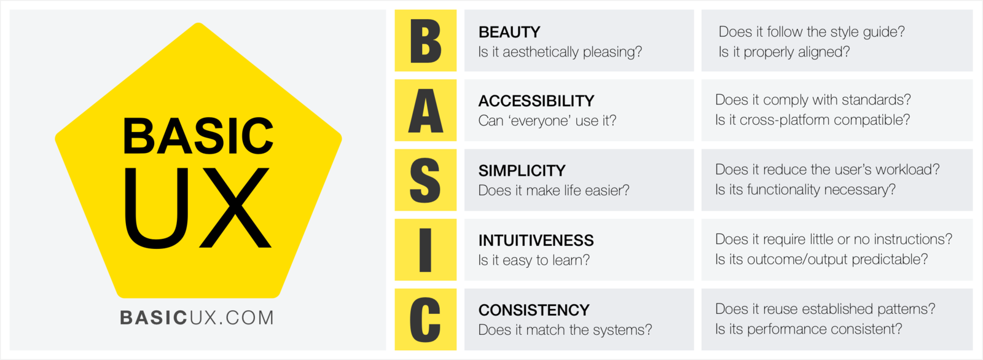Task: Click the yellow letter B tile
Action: pos(425,41)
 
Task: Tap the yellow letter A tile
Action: pos(425,111)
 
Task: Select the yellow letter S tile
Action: pos(425,180)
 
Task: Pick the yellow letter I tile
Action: pos(425,249)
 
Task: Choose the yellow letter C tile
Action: pos(425,319)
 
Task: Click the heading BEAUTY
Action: pos(509,32)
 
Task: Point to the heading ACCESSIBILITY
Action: pos(536,101)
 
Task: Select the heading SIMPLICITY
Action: pos(522,170)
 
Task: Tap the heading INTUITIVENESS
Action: pos(536,240)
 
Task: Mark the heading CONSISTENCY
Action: pos(534,310)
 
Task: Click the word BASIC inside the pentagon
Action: pos(198,136)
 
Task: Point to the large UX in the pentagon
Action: pos(198,209)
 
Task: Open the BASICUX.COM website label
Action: pos(197,318)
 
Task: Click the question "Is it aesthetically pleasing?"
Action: pos(560,52)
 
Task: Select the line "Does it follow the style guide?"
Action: pos(812,32)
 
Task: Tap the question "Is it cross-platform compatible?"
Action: pos(812,120)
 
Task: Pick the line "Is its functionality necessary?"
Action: pos(805,190)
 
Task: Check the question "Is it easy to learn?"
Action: pos(534,260)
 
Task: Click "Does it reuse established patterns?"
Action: pos(825,309)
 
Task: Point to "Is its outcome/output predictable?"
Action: pos(821,259)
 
